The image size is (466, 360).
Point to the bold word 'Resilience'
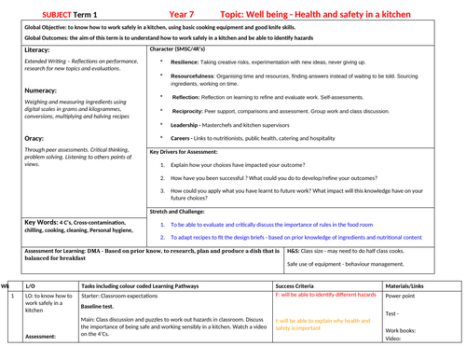[190, 59]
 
